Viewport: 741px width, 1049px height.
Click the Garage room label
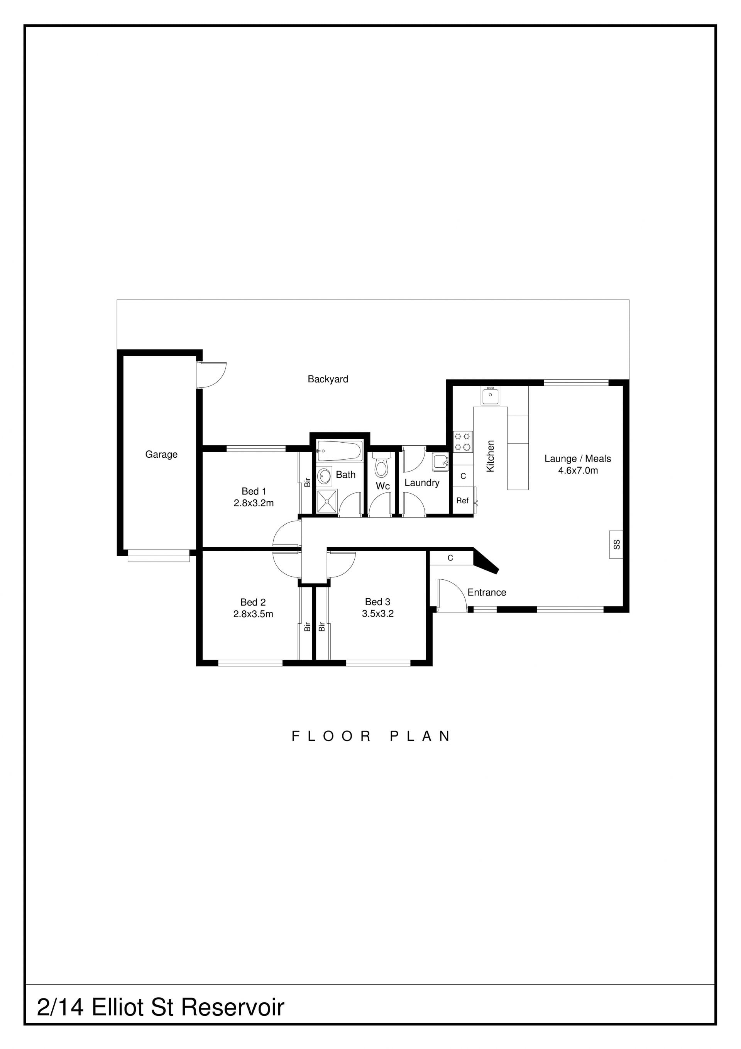click(161, 454)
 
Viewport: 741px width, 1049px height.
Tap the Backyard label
click(328, 379)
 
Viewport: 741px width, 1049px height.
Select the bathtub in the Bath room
click(340, 451)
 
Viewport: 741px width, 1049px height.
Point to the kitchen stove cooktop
click(462, 442)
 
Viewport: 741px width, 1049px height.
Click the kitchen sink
click(491, 395)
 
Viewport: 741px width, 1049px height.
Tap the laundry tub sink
click(440, 462)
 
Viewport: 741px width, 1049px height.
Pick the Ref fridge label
click(462, 501)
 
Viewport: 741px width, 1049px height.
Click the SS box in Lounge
click(616, 544)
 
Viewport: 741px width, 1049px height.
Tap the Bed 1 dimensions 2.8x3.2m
click(254, 503)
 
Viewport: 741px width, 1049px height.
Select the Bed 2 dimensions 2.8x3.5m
click(254, 614)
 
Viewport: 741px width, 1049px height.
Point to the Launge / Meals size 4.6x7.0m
click(578, 470)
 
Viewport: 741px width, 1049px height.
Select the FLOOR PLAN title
click(371, 736)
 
